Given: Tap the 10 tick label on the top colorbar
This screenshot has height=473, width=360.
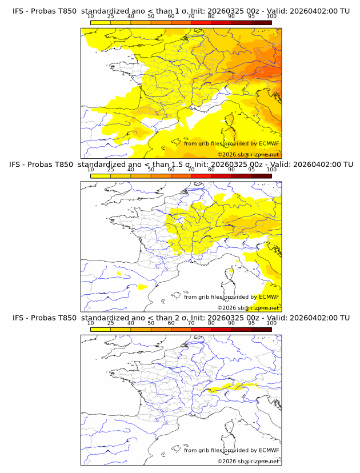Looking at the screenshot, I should point(91,17).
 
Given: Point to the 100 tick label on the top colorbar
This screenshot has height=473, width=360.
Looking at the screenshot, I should point(271,17).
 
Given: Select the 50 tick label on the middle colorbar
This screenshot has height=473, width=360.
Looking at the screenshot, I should point(151,170).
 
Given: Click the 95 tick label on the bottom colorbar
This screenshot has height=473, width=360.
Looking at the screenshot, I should point(251,323).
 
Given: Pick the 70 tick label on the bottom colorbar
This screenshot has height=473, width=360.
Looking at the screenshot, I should point(191,323).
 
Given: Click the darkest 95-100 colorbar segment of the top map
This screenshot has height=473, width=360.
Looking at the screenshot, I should point(261,22).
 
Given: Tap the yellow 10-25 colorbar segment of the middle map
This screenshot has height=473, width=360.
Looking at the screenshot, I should point(101,176).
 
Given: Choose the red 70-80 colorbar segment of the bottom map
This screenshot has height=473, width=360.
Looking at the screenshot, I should point(201,329).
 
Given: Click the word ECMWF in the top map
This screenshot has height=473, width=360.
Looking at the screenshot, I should point(269,143).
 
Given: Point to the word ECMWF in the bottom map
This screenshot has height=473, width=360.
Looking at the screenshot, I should point(269,450).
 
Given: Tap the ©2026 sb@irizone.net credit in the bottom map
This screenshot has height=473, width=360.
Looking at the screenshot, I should point(248,461).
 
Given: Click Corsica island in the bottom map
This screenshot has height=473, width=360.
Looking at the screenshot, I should point(231,428).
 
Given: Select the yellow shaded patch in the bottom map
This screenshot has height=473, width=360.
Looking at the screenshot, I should point(234,387).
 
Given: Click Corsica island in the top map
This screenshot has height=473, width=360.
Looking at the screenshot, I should point(231,122).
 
